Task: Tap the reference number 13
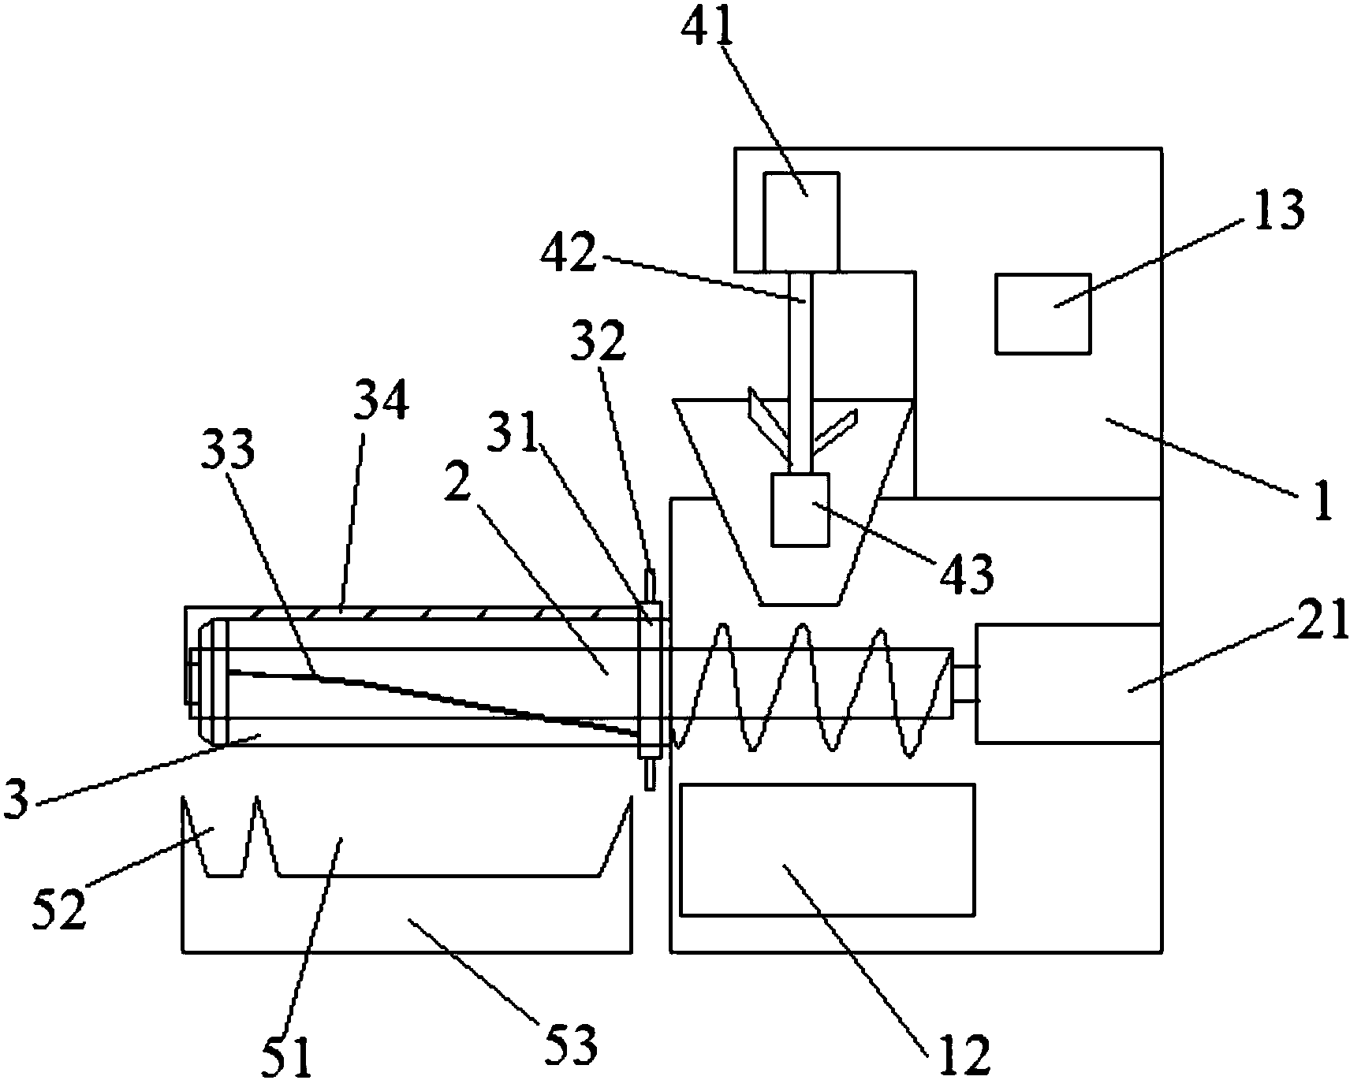(1278, 210)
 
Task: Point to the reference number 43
(965, 575)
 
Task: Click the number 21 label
(1320, 620)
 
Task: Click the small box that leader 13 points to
(1042, 313)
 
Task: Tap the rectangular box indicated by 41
(801, 221)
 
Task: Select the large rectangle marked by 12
(826, 849)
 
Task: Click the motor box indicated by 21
(1068, 683)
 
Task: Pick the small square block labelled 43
(800, 508)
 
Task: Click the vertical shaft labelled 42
(800, 371)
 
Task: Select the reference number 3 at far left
(17, 799)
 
